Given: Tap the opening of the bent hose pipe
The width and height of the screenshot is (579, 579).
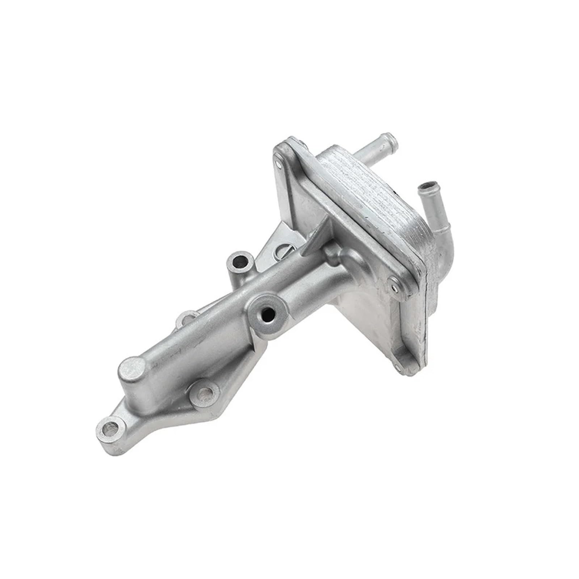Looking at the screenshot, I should tap(426, 187).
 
